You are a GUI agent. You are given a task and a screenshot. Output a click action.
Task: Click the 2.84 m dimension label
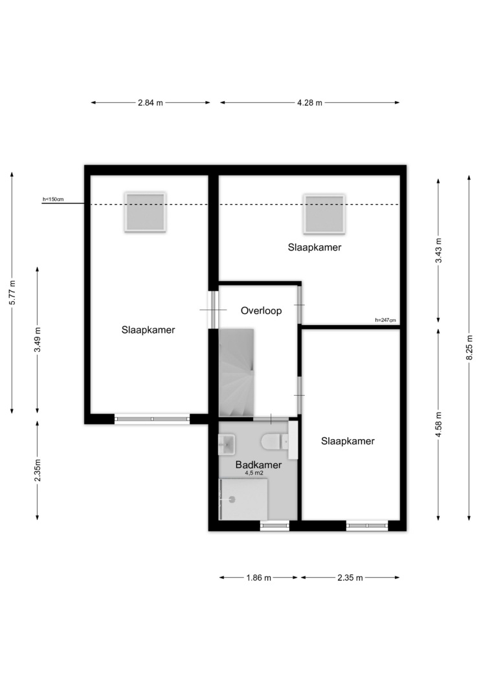(150, 103)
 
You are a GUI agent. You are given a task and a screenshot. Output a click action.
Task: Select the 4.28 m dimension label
(309, 103)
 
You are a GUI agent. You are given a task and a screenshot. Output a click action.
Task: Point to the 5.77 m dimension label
(12, 292)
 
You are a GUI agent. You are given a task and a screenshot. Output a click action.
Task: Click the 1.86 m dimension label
(259, 578)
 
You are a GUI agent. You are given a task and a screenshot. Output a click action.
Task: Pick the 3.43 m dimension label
(438, 250)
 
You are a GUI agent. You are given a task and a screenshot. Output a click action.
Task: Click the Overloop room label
(262, 310)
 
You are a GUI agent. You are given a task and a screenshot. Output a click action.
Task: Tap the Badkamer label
(258, 464)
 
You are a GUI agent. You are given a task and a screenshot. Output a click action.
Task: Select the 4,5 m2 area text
(254, 473)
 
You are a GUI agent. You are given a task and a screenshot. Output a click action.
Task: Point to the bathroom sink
(227, 444)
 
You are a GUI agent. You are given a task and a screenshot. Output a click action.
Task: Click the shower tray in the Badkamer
(243, 499)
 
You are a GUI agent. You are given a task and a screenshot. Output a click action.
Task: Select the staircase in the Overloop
(236, 372)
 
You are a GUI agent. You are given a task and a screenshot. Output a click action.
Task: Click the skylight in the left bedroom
(146, 212)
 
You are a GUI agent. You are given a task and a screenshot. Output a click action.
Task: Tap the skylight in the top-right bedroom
(324, 214)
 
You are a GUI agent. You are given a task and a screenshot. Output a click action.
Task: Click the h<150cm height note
(53, 199)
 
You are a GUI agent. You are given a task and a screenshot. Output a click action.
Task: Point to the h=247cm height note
(385, 321)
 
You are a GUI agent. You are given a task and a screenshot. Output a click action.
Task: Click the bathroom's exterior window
(274, 526)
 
